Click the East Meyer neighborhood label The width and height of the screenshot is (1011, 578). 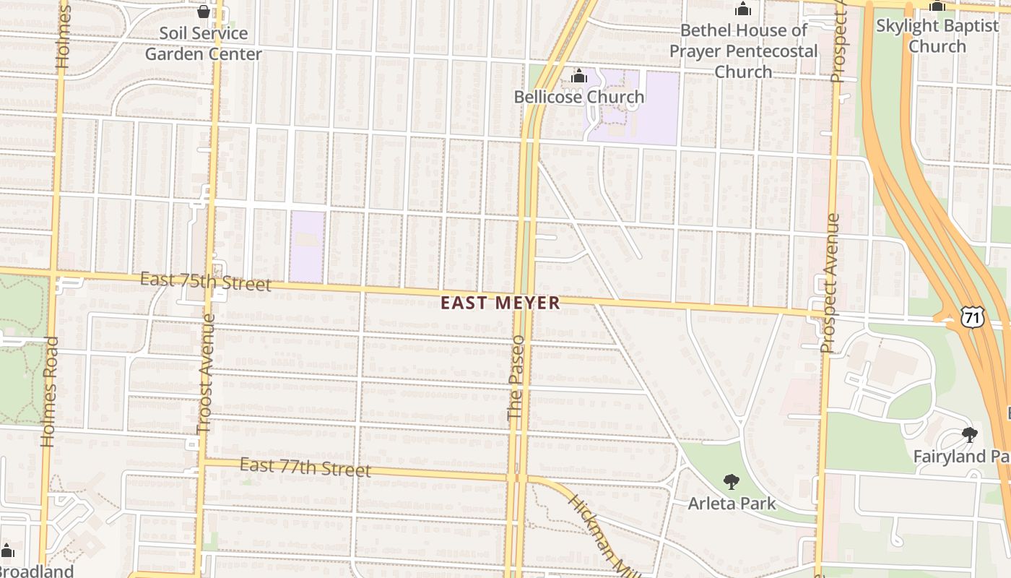500,303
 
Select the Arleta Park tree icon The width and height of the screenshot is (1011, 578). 732,482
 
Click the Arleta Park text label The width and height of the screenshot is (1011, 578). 732,504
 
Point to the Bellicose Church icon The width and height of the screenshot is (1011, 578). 578,77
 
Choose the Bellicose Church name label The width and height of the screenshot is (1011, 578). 578,97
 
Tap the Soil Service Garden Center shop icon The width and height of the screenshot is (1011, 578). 204,12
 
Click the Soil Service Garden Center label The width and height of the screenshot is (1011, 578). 204,43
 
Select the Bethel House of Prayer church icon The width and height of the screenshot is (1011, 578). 743,9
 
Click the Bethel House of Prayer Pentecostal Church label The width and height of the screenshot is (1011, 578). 743,51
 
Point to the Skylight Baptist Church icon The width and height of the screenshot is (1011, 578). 937,7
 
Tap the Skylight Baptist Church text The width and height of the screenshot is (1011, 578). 937,36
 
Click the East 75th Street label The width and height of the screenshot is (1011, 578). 206,281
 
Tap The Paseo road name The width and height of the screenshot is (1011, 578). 516,377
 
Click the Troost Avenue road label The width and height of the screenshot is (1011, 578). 206,373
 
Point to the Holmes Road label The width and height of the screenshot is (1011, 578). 49,392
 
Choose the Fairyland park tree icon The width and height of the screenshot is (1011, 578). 970,435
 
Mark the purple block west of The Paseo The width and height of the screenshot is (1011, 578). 307,246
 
